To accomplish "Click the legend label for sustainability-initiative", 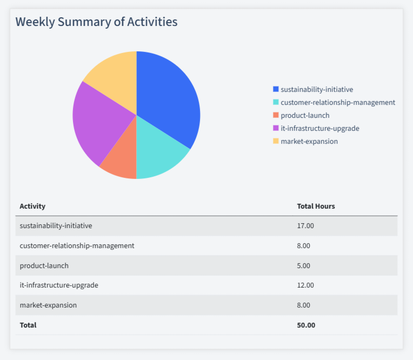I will coord(317,89).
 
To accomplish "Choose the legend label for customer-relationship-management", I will coord(338,102).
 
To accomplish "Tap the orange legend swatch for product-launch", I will coord(276,115).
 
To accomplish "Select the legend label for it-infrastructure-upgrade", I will coord(320,128).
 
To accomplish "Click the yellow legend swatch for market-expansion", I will coord(276,141).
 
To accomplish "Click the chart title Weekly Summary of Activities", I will coord(96,22).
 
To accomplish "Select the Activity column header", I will coord(32,206).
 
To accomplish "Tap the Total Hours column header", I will coord(316,206).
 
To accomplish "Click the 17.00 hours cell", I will coord(305,225).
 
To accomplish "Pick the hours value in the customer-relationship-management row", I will coord(304,245).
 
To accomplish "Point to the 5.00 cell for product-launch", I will coord(304,265).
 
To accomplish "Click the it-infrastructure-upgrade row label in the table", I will coord(59,285).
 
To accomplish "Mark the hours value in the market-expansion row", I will coord(304,305).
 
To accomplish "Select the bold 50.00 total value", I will coord(306,325).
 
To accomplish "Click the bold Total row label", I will coord(28,325).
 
